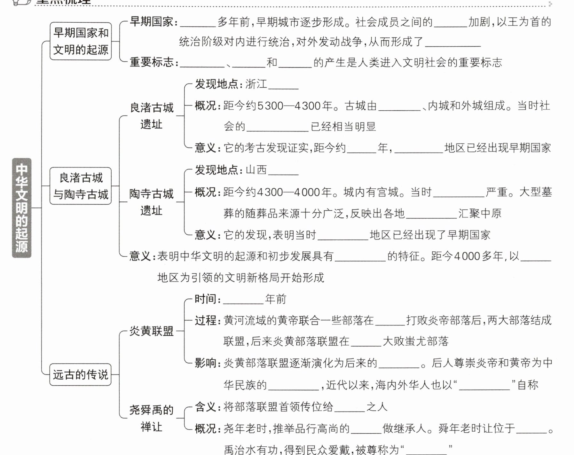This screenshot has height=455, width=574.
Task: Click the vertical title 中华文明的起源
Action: [x=22, y=208]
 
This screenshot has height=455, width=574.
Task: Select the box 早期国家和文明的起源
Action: [x=81, y=41]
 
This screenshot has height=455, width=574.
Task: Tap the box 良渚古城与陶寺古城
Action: [x=81, y=186]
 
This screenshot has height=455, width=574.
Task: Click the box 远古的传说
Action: [x=81, y=374]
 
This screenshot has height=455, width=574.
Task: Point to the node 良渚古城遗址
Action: [x=151, y=116]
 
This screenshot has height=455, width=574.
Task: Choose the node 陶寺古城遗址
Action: [x=151, y=202]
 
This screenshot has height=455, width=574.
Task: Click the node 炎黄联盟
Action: [x=151, y=331]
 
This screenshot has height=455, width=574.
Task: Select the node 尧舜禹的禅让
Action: [x=151, y=418]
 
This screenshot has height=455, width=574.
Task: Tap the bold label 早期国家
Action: [x=152, y=22]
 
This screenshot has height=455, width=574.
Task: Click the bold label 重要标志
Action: [x=152, y=62]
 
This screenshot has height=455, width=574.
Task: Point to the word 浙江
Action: [x=256, y=84]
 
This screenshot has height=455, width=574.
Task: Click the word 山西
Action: [x=256, y=170]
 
